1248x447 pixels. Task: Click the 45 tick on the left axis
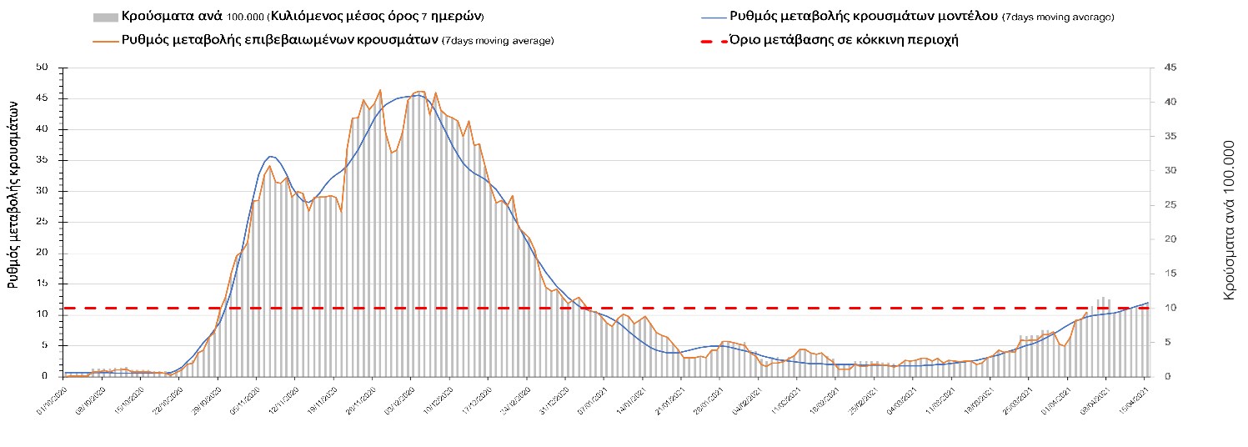[42, 98]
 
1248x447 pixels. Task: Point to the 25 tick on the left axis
[42, 222]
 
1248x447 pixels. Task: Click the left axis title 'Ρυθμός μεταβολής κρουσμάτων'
[13, 193]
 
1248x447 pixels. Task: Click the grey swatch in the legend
[106, 17]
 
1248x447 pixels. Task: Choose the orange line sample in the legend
[106, 40]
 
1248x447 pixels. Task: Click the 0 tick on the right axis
[1160, 376]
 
